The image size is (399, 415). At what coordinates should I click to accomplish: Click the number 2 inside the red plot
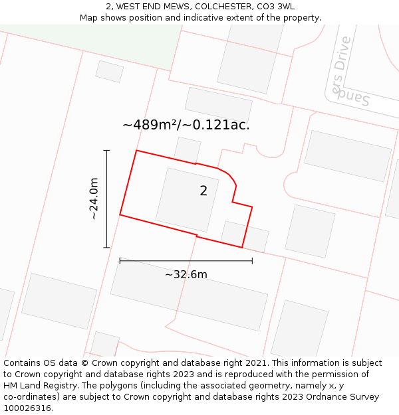pos(203,191)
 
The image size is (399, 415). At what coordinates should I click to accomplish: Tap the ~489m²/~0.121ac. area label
pos(186,125)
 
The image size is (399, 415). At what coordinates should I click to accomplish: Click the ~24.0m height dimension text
pos(94,199)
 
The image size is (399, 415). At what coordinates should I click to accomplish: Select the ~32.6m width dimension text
pos(186,274)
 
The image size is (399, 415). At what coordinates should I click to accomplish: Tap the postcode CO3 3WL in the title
pos(277,6)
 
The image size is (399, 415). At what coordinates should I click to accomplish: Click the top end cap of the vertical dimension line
pos(106,151)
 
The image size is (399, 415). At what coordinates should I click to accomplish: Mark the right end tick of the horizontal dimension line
pos(252,261)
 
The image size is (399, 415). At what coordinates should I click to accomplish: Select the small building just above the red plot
pos(188,149)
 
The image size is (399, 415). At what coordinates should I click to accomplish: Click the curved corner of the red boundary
pos(230,177)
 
